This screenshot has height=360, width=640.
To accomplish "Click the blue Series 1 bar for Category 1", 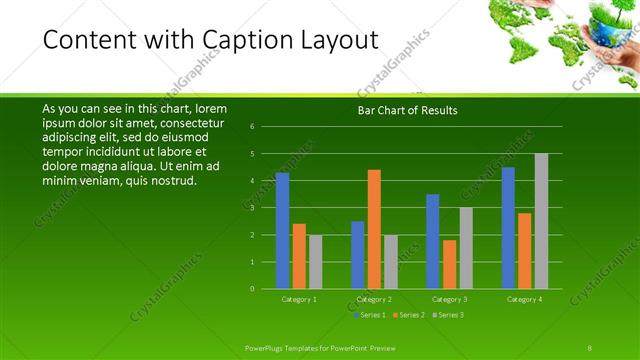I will coord(282,231).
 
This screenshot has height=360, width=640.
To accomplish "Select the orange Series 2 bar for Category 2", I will coord(374,229).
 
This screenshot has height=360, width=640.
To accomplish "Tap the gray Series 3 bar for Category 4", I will coord(541,221).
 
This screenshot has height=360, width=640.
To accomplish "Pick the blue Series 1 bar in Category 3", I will coord(432,241).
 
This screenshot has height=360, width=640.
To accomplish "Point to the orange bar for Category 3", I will coord(449,264).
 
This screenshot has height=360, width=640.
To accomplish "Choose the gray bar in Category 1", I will coord(315,262).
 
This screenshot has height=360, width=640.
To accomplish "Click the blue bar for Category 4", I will coord(508,228).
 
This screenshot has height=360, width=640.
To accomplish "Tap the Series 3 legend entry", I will coord(448,315).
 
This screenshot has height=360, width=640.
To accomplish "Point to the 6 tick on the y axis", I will coord(252,126).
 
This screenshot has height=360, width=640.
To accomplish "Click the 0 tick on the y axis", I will coord(252,289).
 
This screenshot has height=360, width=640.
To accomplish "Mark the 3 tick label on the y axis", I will coord(252,208).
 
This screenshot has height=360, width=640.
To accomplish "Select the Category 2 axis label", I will coord(374,299).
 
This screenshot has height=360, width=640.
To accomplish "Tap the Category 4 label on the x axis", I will coord(524,299).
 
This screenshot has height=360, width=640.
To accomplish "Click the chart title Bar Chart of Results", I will coord(407,110).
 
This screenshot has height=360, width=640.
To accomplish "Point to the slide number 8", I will coord(590,346).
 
